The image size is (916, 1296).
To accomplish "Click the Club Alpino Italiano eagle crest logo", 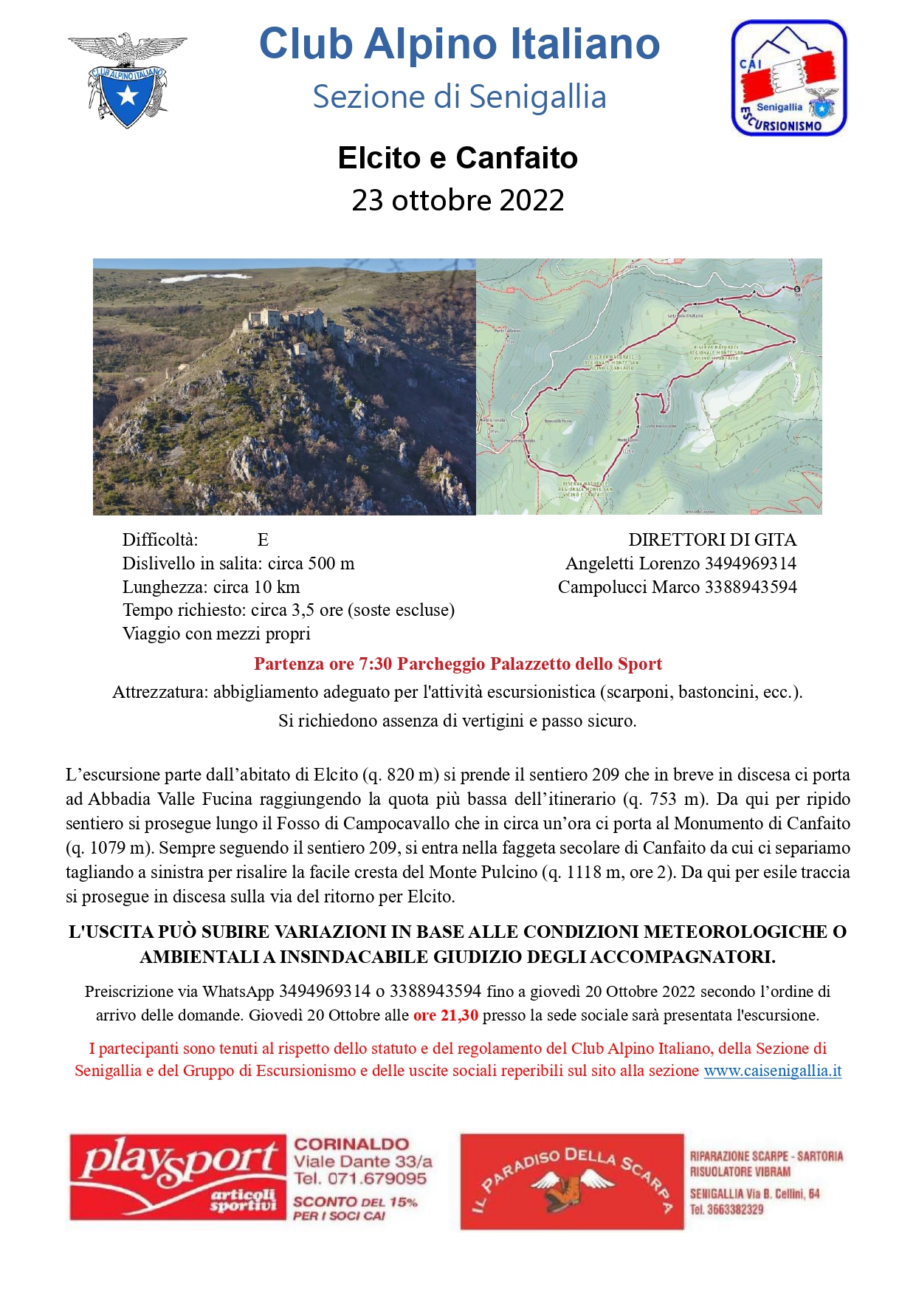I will coord(127,79).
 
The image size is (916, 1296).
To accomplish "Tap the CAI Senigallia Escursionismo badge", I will coord(788,78).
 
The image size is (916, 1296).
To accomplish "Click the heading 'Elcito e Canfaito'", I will coord(458,158).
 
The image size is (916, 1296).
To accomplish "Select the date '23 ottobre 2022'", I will coord(458,200).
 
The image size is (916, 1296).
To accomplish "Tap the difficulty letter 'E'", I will coord(263,540).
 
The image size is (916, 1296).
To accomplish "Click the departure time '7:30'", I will coord(376,664).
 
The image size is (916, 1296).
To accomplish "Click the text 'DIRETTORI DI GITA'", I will coord(712,540).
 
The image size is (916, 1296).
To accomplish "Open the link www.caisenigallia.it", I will coord(772,1071).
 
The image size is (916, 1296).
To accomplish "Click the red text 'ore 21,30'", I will coord(446,1015).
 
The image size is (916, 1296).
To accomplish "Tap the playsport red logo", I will coord(178,1177).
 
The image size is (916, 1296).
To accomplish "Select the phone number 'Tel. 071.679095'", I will coord(360,1179).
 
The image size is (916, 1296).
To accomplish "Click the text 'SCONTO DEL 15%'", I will coord(355,1201).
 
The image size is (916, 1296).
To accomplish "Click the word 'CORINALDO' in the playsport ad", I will coord(351,1144).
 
